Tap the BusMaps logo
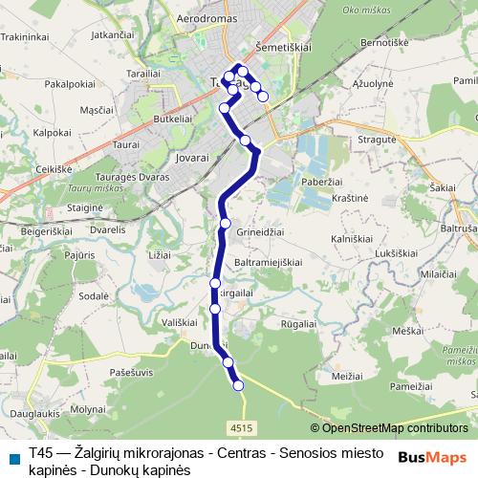coord(432,457)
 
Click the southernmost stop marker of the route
coord(238,385)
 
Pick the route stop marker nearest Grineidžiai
coord(226,223)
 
